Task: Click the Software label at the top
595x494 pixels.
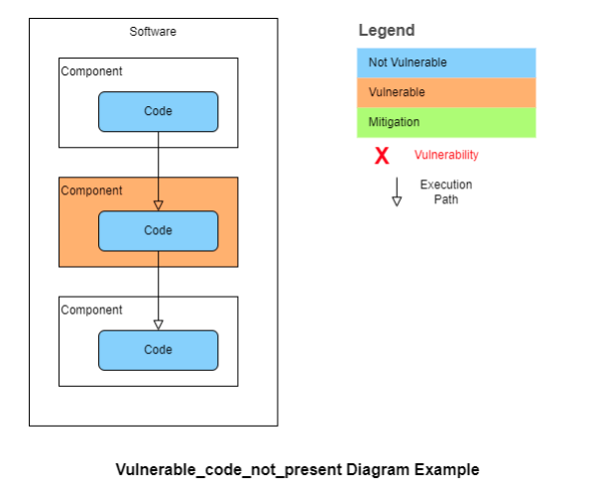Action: click(x=153, y=32)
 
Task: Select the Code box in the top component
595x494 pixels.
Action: click(x=158, y=111)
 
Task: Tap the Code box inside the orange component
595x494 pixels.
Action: click(x=158, y=230)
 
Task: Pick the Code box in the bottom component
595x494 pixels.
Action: click(x=158, y=349)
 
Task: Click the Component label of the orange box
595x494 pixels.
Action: click(x=92, y=190)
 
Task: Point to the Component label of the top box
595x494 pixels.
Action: click(x=92, y=71)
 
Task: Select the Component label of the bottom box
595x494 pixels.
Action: click(x=92, y=309)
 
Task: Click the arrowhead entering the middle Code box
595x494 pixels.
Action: click(x=158, y=205)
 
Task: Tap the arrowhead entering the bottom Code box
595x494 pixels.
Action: click(x=158, y=324)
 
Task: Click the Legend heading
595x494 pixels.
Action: click(x=387, y=31)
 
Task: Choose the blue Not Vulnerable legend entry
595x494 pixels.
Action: click(x=446, y=62)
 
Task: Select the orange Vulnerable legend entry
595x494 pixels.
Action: click(x=446, y=92)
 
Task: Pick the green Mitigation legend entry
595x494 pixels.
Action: click(x=446, y=122)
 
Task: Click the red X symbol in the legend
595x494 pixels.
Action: click(x=381, y=156)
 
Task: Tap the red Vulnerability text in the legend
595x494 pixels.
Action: click(x=446, y=155)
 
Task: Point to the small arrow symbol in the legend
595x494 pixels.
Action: click(x=397, y=191)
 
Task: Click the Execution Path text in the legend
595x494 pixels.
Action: click(x=446, y=191)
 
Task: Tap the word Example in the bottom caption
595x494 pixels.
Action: click(x=443, y=469)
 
